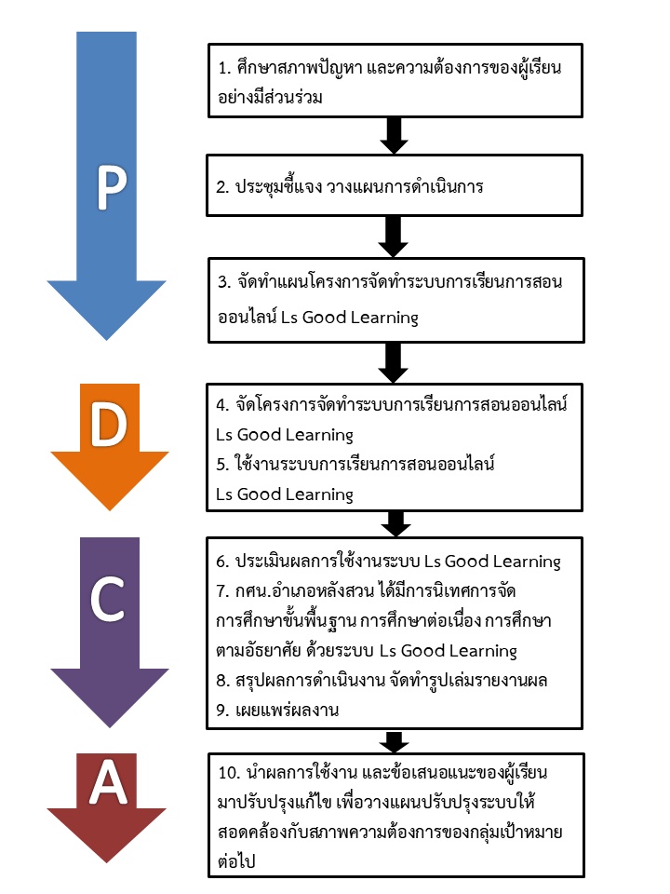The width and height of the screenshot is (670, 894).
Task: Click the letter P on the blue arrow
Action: click(x=111, y=189)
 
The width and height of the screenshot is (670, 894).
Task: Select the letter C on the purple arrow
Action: click(x=110, y=602)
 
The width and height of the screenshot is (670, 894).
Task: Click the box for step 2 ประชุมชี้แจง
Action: click(x=395, y=186)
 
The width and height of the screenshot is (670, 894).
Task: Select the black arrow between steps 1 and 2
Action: click(x=395, y=136)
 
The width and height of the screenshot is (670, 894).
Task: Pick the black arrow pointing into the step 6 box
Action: click(x=395, y=523)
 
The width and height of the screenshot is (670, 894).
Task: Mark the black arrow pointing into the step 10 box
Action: click(x=395, y=742)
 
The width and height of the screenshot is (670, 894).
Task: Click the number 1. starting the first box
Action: click(x=222, y=69)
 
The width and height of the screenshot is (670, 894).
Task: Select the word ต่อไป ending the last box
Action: click(x=234, y=861)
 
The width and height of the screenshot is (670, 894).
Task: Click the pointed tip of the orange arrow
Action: click(x=110, y=508)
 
